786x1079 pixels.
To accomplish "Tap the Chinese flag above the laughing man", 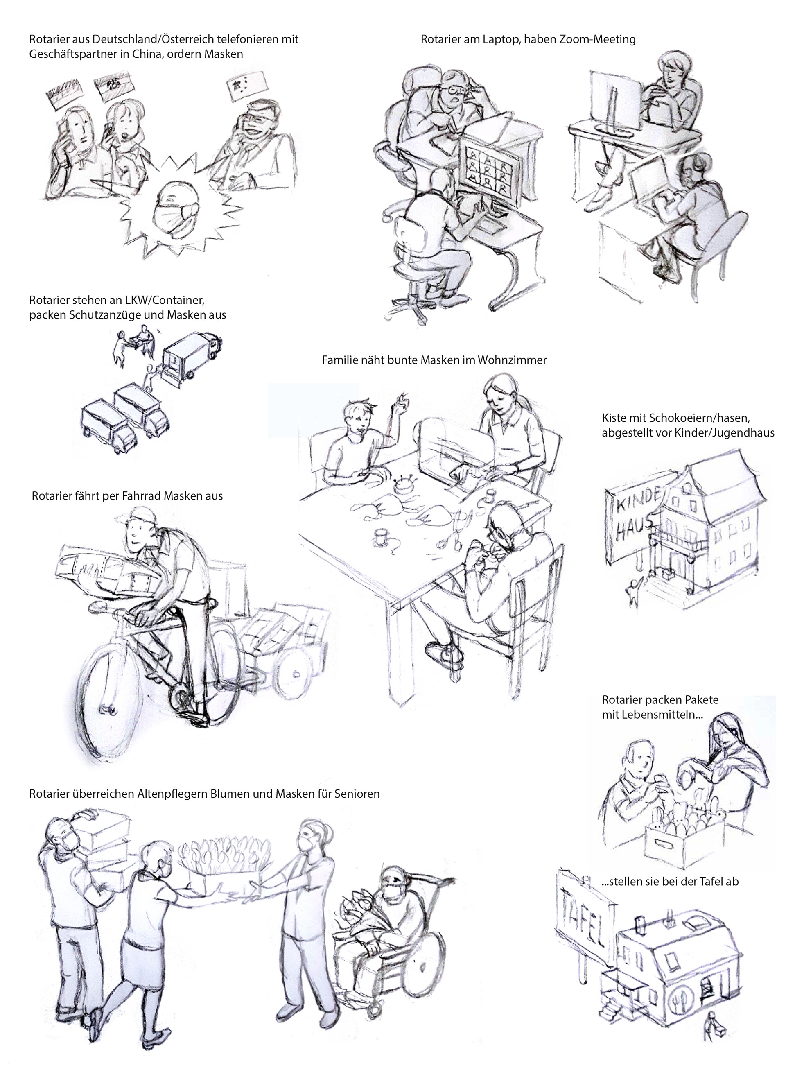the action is [246, 87].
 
